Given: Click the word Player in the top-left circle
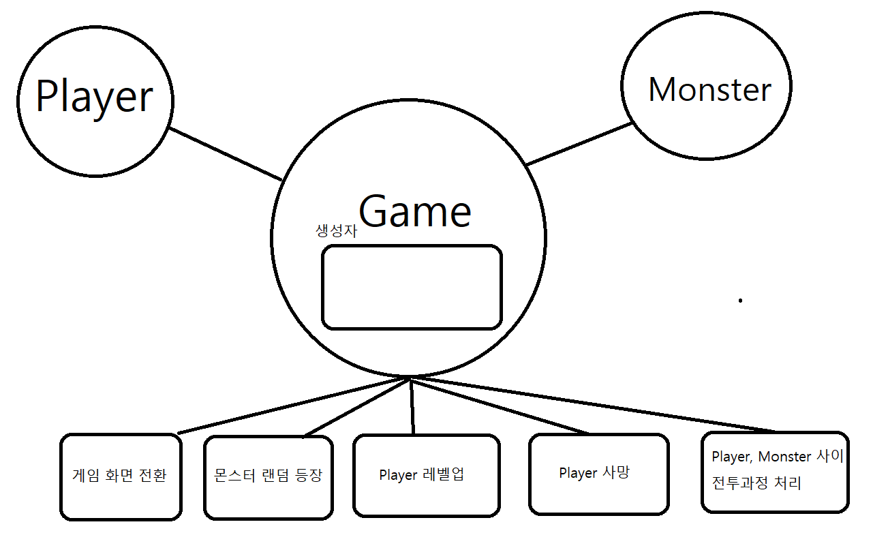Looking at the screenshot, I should coord(94,97).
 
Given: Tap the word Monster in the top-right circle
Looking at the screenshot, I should coord(709,90).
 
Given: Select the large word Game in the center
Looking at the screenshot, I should coord(414,211).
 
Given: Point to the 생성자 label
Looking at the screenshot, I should coord(336,231).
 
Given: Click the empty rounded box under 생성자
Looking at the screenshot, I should coord(412,287).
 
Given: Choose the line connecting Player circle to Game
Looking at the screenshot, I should coord(225,154).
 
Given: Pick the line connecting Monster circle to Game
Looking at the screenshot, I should coord(579,144).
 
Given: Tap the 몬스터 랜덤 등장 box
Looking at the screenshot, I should coord(267,475).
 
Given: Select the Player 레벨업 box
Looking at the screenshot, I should coord(425,474).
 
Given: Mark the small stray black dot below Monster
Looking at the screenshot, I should coord(740,300).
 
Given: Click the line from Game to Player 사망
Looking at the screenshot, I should coord(501,405).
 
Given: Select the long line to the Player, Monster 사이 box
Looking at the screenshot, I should coord(593,404).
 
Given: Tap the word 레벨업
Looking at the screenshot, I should coord(443,474).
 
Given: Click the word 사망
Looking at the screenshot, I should coord(616,472).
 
